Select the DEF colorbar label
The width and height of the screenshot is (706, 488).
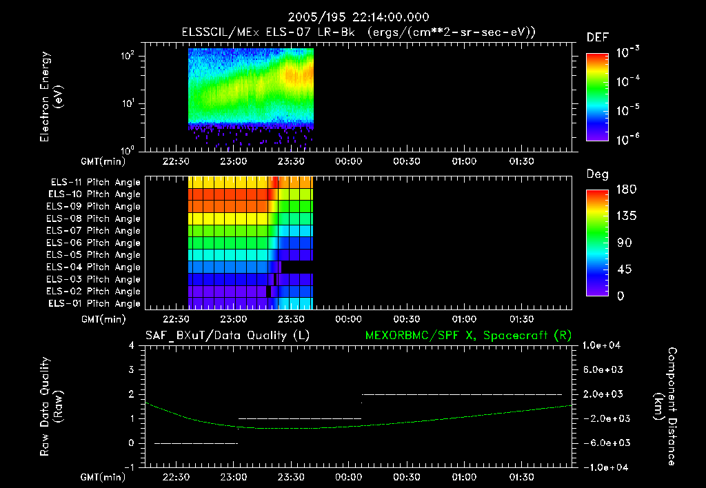tap(597, 37)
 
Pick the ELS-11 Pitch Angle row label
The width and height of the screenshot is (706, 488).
tap(94, 182)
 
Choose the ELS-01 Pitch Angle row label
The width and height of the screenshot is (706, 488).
tap(94, 303)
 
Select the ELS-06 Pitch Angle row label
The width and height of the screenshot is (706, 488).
tap(94, 243)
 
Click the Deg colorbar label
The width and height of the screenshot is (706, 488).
tap(597, 175)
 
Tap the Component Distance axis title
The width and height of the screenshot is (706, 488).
tap(672, 406)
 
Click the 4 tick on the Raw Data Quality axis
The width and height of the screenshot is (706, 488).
tap(133, 345)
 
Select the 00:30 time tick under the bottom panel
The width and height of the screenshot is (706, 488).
tap(406, 477)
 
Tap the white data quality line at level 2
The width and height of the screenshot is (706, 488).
tap(462, 394)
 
